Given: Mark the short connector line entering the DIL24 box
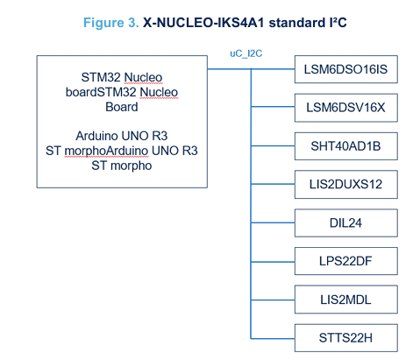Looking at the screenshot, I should (272, 223).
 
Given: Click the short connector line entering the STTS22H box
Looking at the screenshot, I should (272, 337).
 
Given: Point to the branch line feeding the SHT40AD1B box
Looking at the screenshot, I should (272, 146).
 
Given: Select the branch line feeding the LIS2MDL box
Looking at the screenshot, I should (272, 299).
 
